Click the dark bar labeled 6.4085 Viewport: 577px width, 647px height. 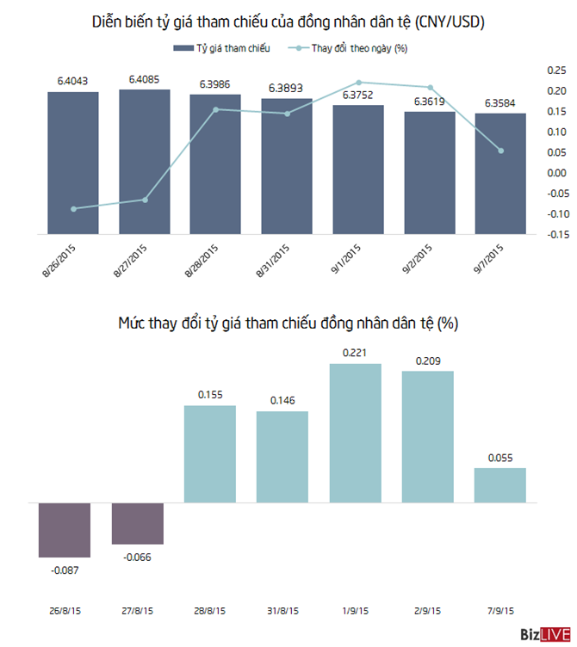pyautogui.click(x=145, y=160)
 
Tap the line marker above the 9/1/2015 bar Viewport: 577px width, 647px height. pyautogui.click(x=358, y=82)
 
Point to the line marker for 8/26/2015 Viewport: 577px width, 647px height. pyautogui.click(x=73, y=209)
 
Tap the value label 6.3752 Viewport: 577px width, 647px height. pyautogui.click(x=357, y=96)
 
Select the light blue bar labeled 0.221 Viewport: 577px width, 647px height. pyautogui.click(x=355, y=433)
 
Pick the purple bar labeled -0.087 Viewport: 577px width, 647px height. pyautogui.click(x=65, y=529)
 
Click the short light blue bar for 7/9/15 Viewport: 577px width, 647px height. pyautogui.click(x=499, y=485)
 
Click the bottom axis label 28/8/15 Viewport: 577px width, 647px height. pyautogui.click(x=209, y=611)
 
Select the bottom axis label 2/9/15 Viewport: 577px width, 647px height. pyautogui.click(x=427, y=611)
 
